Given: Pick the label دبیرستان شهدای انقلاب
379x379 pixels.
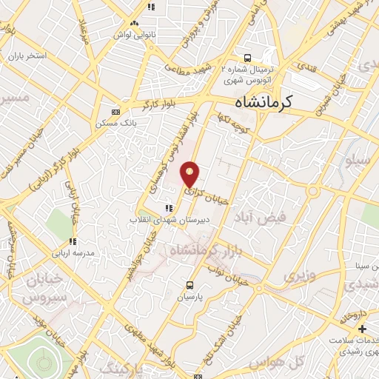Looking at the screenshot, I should pyautogui.click(x=161, y=220).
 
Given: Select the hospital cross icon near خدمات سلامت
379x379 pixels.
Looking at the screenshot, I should pyautogui.click(x=361, y=328).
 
